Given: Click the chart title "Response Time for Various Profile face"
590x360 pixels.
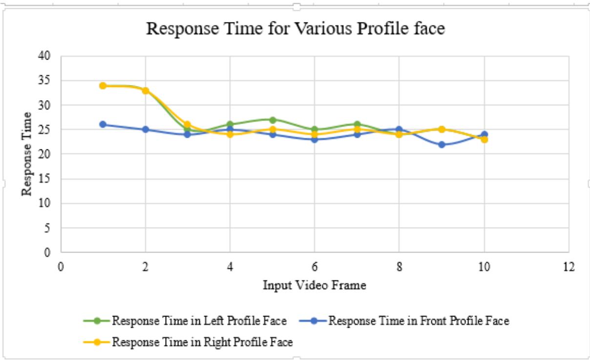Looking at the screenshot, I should [x=295, y=29].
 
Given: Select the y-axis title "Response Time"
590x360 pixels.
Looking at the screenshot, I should [x=27, y=154].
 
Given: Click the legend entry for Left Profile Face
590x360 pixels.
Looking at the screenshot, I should [x=199, y=321].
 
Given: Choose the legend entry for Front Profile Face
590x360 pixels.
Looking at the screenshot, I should [x=419, y=321].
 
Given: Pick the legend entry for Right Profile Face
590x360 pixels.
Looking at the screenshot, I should [x=202, y=342].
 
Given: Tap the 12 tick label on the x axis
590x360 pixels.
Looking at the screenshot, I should [x=569, y=267].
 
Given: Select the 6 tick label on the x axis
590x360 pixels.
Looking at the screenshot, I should [x=315, y=267].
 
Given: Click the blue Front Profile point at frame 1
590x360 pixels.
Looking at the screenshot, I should [x=103, y=125].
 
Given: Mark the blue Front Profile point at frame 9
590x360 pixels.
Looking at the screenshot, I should [x=442, y=145].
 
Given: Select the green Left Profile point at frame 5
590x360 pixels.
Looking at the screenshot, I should [x=273, y=120].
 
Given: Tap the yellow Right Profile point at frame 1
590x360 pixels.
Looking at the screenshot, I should [x=103, y=85].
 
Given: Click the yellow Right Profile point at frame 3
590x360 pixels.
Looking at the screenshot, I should [x=188, y=125].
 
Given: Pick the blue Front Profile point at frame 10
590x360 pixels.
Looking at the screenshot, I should [x=484, y=134].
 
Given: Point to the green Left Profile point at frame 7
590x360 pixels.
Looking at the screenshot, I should [x=357, y=125].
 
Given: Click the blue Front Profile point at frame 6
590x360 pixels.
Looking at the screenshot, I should [x=315, y=139].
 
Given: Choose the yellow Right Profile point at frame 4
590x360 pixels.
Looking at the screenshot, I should [x=230, y=134].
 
